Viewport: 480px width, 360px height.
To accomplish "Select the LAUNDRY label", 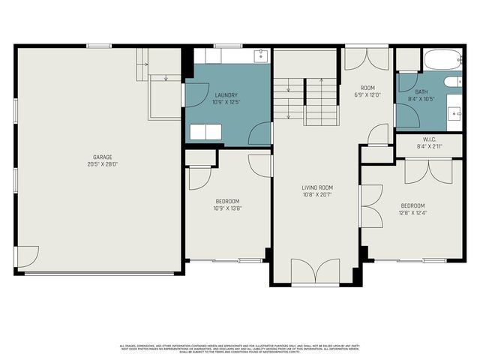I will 226,94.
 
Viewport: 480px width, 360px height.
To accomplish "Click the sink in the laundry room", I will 259,55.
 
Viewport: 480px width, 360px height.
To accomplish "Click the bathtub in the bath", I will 442,59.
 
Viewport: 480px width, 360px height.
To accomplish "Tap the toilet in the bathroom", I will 452,81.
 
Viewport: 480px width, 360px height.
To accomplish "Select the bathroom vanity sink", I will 454,112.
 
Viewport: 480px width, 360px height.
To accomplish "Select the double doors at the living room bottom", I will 315,271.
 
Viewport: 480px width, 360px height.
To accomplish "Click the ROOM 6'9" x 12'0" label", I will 367,91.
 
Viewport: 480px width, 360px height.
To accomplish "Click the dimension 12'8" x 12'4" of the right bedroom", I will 412,212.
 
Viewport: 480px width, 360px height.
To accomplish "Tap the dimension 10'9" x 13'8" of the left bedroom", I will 227,208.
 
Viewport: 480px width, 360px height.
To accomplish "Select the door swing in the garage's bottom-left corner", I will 27,257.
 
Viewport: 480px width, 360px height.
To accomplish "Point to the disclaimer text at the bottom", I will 240,348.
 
